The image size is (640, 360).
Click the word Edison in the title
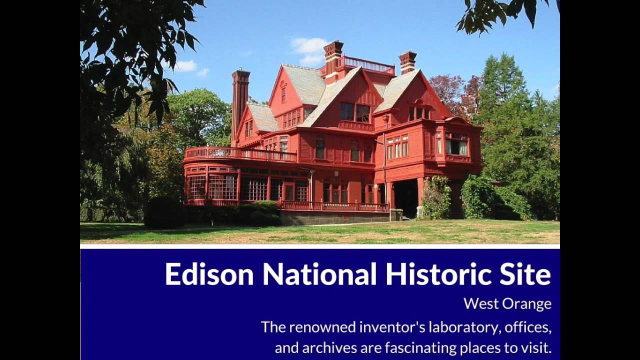click(210, 274)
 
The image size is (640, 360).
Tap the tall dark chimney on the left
click(240, 100)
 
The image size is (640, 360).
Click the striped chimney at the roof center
click(332, 57)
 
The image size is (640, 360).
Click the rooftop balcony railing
click(367, 64)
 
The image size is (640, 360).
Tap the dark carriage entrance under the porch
click(406, 198)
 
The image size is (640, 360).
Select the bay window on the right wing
click(456, 143)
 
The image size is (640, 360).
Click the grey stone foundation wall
click(335, 217)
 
